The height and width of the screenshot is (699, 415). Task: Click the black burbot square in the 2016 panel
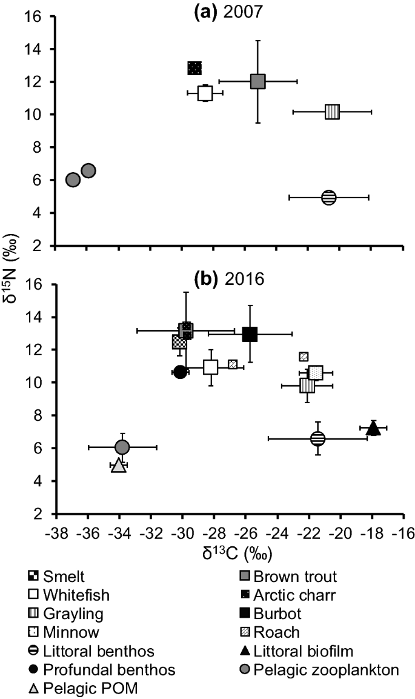[250, 334]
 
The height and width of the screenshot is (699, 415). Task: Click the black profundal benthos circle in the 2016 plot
[180, 372]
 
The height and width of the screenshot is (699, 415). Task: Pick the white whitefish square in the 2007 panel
[205, 93]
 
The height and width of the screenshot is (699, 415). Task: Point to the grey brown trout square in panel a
[258, 81]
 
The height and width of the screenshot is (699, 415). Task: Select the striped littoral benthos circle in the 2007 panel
[328, 198]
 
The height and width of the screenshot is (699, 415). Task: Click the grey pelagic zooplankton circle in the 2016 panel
[122, 447]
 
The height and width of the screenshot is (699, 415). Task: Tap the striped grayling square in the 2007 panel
[332, 112]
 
